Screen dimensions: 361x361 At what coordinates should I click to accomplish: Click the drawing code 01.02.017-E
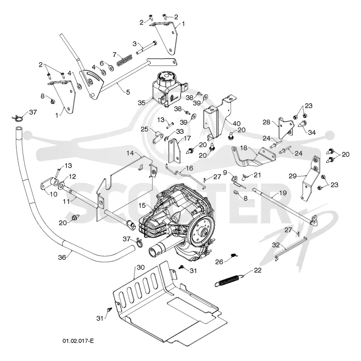pyautogui.click(x=78, y=341)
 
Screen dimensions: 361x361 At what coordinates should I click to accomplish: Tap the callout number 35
pyautogui.click(x=142, y=103)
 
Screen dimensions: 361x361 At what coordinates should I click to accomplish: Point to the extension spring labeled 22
pyautogui.click(x=228, y=280)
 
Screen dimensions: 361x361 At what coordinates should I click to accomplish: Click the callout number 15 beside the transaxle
pyautogui.click(x=142, y=205)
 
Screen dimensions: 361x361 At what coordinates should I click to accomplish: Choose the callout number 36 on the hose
pyautogui.click(x=62, y=257)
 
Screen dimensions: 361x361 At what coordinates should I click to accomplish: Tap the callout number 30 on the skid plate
pyautogui.click(x=141, y=267)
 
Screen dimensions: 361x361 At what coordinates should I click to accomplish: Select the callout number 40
pyautogui.click(x=237, y=123)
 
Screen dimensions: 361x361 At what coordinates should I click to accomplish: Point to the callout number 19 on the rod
pyautogui.click(x=283, y=193)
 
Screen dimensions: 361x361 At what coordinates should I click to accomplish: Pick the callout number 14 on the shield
pyautogui.click(x=130, y=153)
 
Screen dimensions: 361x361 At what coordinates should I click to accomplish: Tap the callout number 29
pyautogui.click(x=293, y=176)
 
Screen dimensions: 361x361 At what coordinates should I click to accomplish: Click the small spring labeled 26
pyautogui.click(x=234, y=255)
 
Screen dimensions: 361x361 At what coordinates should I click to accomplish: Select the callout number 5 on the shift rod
pyautogui.click(x=128, y=92)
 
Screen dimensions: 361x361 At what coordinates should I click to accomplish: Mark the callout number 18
pyautogui.click(x=244, y=148)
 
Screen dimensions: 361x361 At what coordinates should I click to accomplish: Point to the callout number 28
pyautogui.click(x=267, y=122)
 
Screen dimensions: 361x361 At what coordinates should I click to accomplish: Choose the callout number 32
pyautogui.click(x=276, y=245)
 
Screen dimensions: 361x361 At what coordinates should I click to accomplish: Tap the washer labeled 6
pyautogui.click(x=111, y=69)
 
